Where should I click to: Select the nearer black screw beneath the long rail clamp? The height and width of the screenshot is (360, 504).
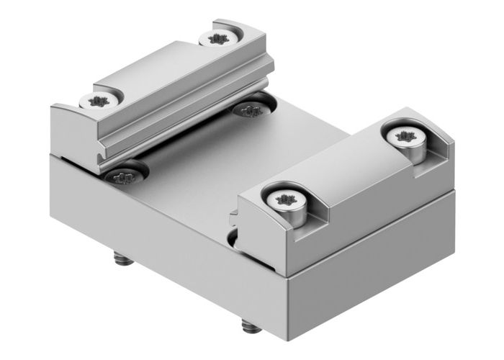coord(125,174)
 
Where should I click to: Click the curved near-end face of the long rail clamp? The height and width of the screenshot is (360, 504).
coord(72,133)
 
